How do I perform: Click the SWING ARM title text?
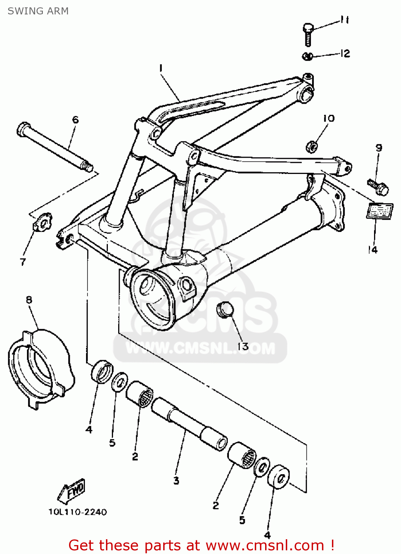click(38, 11)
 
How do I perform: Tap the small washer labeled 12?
click(308, 56)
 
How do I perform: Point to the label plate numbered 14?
click(379, 211)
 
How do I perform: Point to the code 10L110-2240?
click(78, 512)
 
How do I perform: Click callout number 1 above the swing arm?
click(161, 68)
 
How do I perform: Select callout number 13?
click(243, 346)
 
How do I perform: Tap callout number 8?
click(29, 300)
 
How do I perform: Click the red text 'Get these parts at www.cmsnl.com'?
click(201, 545)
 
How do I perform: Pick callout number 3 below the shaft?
click(176, 481)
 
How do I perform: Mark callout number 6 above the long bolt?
click(75, 119)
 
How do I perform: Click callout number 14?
click(373, 250)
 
